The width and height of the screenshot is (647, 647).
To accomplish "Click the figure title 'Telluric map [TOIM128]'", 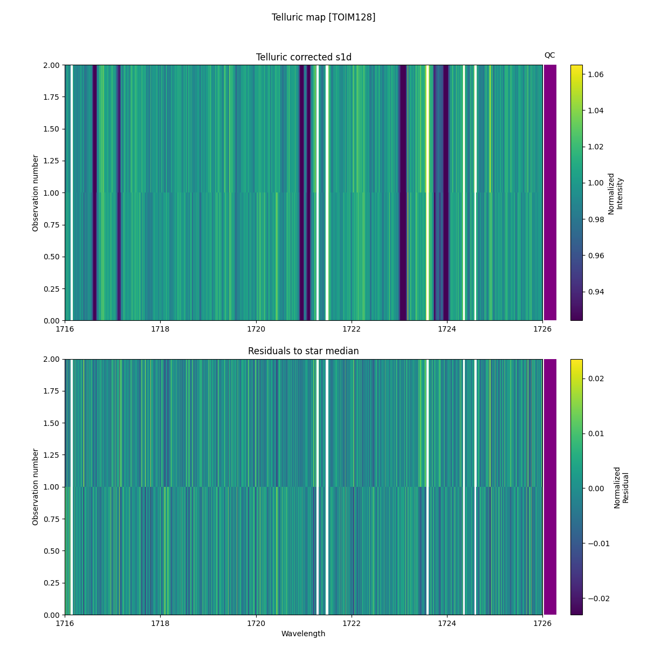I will (x=323, y=17).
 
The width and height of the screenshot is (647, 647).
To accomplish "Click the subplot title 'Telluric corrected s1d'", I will (x=304, y=57).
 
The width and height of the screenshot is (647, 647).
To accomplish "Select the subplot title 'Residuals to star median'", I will (x=304, y=351).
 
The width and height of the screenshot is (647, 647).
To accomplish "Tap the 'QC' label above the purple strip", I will (x=549, y=55).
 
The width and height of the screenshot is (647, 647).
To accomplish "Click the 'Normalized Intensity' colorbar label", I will (x=615, y=194).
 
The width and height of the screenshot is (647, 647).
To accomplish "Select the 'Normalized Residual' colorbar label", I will (x=621, y=487).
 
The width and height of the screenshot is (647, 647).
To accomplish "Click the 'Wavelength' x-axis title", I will (x=304, y=634).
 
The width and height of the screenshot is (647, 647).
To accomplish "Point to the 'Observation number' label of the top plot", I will (x=36, y=193).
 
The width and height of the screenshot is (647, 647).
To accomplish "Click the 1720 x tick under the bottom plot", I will (x=256, y=623).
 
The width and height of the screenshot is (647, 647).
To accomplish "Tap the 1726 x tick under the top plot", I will (x=542, y=329).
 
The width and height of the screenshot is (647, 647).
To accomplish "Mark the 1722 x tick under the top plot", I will (x=352, y=329).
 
